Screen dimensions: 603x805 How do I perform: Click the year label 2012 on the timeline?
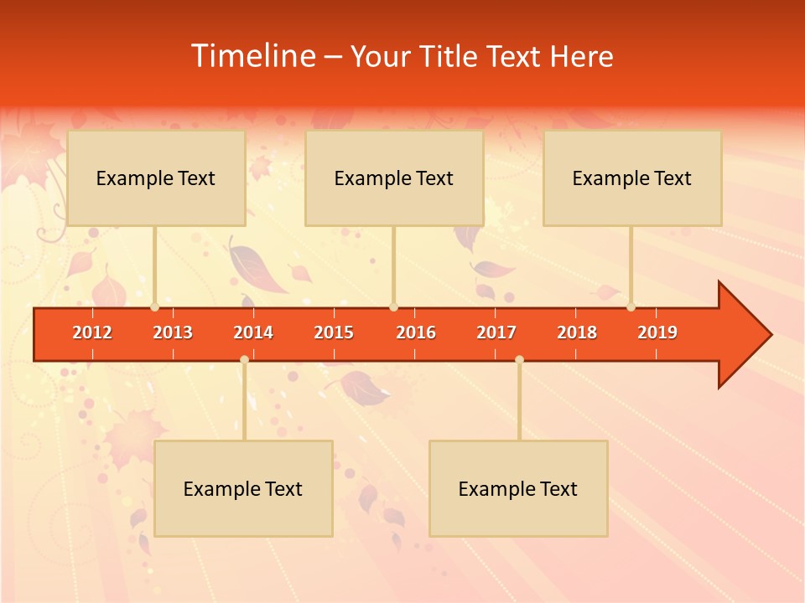tap(92, 332)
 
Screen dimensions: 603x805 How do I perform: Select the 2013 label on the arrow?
tap(173, 332)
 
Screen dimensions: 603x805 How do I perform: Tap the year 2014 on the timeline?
tap(253, 332)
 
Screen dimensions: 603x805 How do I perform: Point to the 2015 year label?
tap(334, 332)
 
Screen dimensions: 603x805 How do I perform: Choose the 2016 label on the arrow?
tap(416, 332)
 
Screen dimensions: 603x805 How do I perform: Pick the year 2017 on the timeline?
tap(496, 332)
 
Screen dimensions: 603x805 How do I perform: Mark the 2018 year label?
tap(577, 332)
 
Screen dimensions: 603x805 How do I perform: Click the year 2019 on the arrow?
tap(657, 332)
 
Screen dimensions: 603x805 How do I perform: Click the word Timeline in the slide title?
tap(252, 56)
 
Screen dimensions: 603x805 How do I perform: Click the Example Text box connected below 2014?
tap(243, 488)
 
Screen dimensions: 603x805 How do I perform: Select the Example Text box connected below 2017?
tap(518, 488)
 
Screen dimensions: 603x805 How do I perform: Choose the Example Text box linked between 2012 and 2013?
tap(156, 178)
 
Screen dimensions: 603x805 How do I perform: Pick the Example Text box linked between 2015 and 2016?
tap(394, 178)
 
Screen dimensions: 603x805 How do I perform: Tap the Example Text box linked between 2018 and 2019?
tap(632, 178)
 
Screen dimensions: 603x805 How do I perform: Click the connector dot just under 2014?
tap(244, 359)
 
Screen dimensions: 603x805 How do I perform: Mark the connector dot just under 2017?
tap(519, 359)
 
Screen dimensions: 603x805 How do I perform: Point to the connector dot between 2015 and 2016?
tap(393, 307)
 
